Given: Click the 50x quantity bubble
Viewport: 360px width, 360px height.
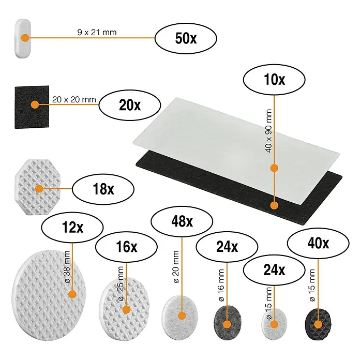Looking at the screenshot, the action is coord(186,38).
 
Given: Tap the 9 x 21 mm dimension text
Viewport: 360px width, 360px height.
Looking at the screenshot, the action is coord(97,32).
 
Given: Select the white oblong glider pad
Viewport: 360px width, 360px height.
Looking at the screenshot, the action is coord(23,38).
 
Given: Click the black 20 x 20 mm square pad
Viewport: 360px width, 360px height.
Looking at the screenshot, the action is coord(32,107).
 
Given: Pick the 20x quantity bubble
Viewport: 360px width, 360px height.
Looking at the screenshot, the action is coord(130,105).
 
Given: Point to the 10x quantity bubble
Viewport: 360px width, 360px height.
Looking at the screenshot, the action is coord(274,80).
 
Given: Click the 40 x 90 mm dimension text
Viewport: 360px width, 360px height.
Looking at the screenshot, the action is coord(268,131).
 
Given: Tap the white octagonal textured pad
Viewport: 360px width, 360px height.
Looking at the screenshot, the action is coord(38,187).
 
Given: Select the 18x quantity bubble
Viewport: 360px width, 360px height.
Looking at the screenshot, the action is coord(103,189).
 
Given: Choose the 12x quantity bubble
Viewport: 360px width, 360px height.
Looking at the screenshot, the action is coord(72,227).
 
